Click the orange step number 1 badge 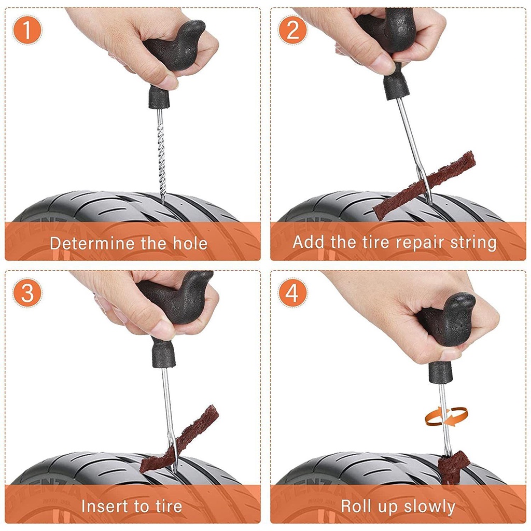click(x=27, y=30)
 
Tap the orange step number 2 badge click(x=292, y=30)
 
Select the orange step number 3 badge click(x=27, y=293)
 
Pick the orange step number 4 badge click(x=292, y=293)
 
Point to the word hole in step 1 click(x=190, y=243)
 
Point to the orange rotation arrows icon click(x=446, y=416)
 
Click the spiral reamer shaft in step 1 click(x=161, y=156)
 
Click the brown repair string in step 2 click(x=424, y=185)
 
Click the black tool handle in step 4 click(x=444, y=336)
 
